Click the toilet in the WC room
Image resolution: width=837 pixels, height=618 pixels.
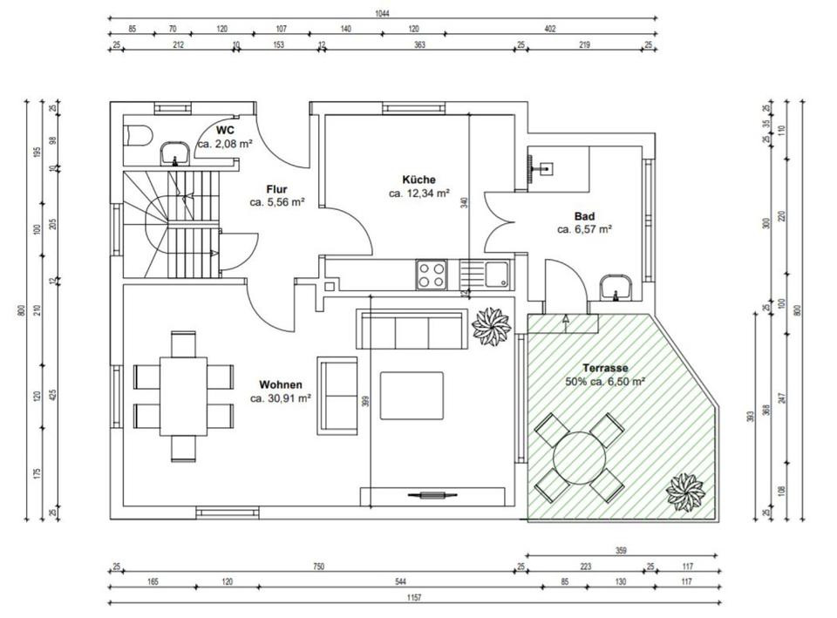(138, 135)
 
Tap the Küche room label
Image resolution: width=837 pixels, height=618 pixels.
(418, 180)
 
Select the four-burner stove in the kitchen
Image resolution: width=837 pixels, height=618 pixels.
(432, 275)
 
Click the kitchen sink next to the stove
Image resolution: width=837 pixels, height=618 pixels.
(485, 275)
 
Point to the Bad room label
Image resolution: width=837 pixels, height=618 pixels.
(584, 216)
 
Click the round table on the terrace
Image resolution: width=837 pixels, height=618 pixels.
(580, 458)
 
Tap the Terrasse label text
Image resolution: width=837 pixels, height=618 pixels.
(605, 368)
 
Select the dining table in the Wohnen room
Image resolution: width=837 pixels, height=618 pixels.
(183, 396)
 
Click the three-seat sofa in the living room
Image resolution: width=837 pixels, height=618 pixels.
(412, 329)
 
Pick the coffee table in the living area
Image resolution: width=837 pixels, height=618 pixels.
(412, 396)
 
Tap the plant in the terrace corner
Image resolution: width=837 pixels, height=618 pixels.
(684, 492)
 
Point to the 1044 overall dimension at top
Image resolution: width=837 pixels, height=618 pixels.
(382, 14)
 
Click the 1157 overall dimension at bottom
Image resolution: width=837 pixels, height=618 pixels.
(413, 597)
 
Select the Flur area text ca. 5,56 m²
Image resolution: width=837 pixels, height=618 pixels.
(277, 202)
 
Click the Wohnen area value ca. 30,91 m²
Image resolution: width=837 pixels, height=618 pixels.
(281, 397)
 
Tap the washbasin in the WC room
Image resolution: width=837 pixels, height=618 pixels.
(174, 153)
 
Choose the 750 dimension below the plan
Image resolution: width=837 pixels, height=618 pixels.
(319, 567)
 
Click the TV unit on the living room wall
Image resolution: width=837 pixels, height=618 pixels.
(432, 496)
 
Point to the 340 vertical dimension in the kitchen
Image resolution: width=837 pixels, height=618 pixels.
(464, 203)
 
